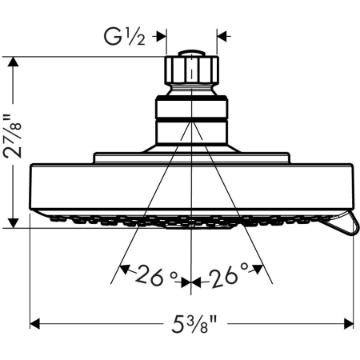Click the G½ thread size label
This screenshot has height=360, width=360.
[x=127, y=35]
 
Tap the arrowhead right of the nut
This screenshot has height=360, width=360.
[x=223, y=35]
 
